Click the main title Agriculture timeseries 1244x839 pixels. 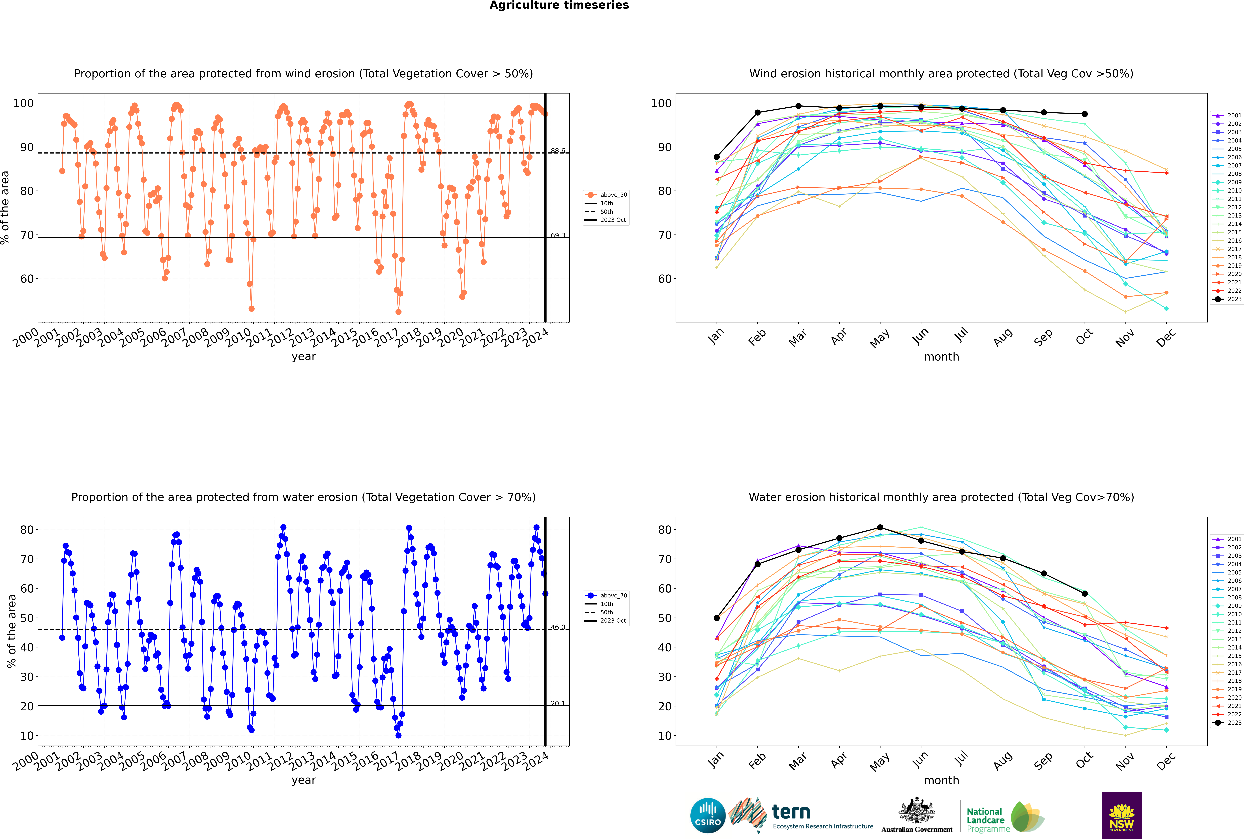pyautogui.click(x=559, y=5)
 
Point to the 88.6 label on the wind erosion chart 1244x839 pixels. pyautogui.click(x=558, y=151)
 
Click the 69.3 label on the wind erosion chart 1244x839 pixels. pyautogui.click(x=558, y=235)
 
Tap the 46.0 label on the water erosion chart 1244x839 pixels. pyautogui.click(x=558, y=627)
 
